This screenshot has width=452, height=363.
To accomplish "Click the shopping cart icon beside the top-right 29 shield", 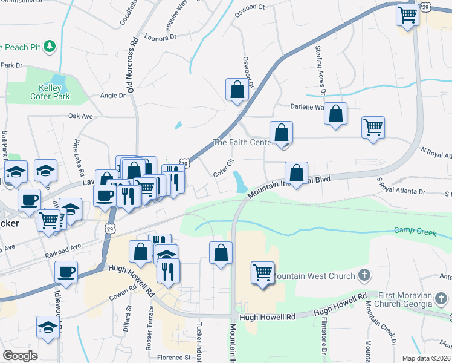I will tap(408, 14).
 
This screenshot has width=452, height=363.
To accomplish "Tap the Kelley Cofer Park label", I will tap(51, 92).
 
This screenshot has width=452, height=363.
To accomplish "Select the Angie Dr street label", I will tap(113, 95).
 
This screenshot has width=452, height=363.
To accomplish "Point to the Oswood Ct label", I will tap(250, 7).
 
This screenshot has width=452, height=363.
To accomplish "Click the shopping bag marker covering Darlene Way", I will tap(335, 114).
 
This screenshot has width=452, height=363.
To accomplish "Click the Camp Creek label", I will tap(415, 231).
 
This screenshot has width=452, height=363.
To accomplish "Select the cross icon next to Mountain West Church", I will tap(364, 276).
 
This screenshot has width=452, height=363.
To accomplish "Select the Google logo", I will tap(20, 356).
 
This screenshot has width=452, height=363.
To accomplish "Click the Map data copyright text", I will tap(426, 358).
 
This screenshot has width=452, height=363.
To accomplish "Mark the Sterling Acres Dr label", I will tap(320, 70).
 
